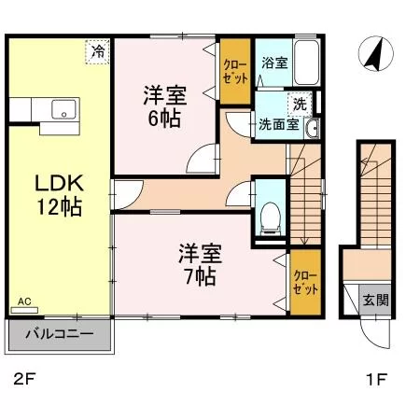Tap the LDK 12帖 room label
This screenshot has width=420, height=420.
click(x=59, y=195)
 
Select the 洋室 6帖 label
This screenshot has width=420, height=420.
click(x=164, y=106)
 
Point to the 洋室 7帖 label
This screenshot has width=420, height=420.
click(x=200, y=265)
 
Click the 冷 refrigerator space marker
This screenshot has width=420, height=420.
click(x=98, y=52)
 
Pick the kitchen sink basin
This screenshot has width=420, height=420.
click(x=63, y=109)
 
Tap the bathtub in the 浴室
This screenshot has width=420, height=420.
click(x=307, y=63)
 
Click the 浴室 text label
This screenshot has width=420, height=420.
click(x=274, y=63)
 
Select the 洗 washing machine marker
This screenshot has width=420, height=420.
click(x=300, y=104)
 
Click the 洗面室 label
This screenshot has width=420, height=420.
click(x=279, y=124)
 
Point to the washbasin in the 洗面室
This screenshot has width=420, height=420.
click(x=312, y=128)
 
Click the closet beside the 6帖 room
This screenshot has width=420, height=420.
click(x=235, y=71)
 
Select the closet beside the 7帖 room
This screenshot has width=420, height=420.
click(x=305, y=282)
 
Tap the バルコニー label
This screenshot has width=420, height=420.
click(x=60, y=334)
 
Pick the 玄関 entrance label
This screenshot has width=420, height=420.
click(x=376, y=301)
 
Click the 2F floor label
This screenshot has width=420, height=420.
click(x=24, y=380)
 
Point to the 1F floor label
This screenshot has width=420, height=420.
click(x=377, y=380)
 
